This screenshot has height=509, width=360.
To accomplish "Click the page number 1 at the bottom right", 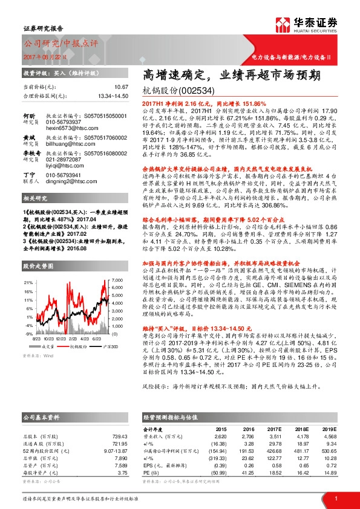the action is [336, 498].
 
